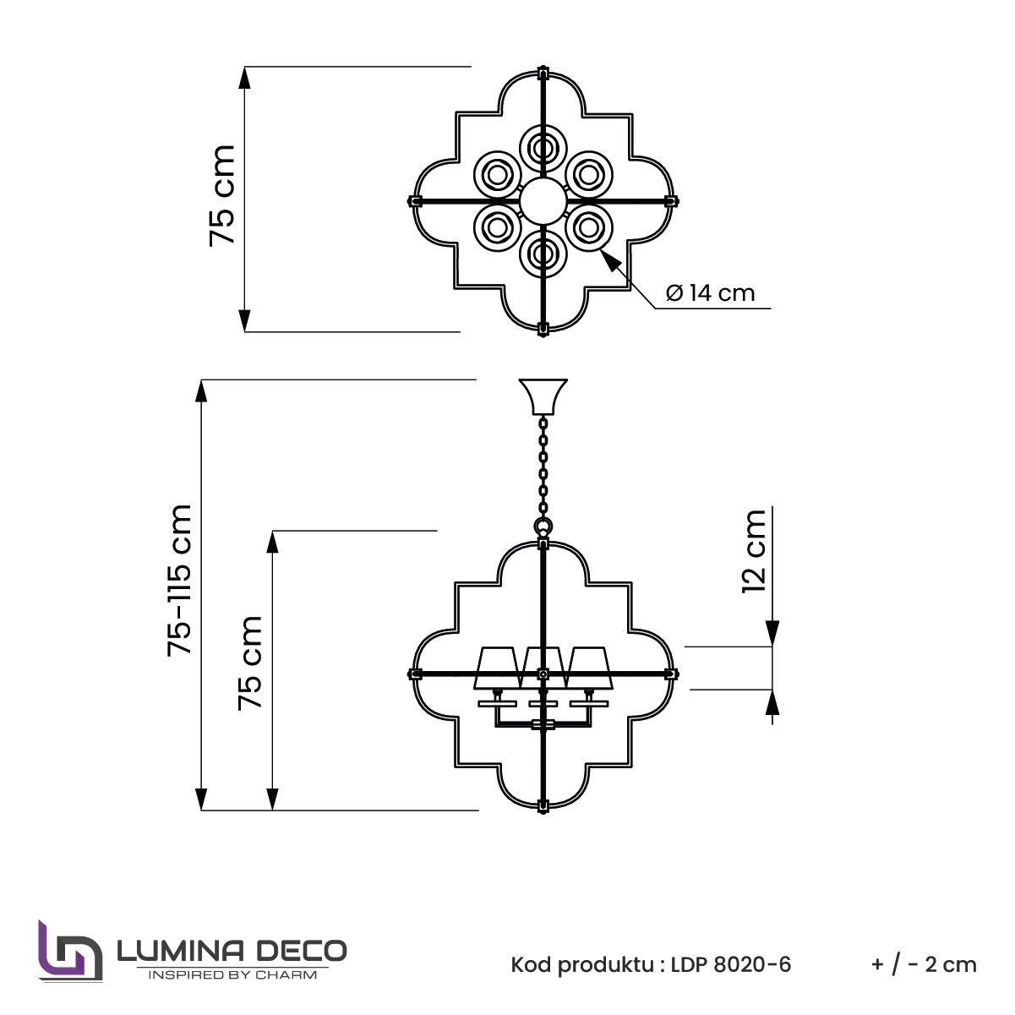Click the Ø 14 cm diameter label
coord(710,293)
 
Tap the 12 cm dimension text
coord(754,552)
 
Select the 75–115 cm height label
coord(179,581)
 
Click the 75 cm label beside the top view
coord(221,195)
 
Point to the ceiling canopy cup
coord(543,396)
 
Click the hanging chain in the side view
coord(543,466)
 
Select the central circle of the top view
coord(543,200)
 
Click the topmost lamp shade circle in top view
coord(543,149)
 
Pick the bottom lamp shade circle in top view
coord(543,254)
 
